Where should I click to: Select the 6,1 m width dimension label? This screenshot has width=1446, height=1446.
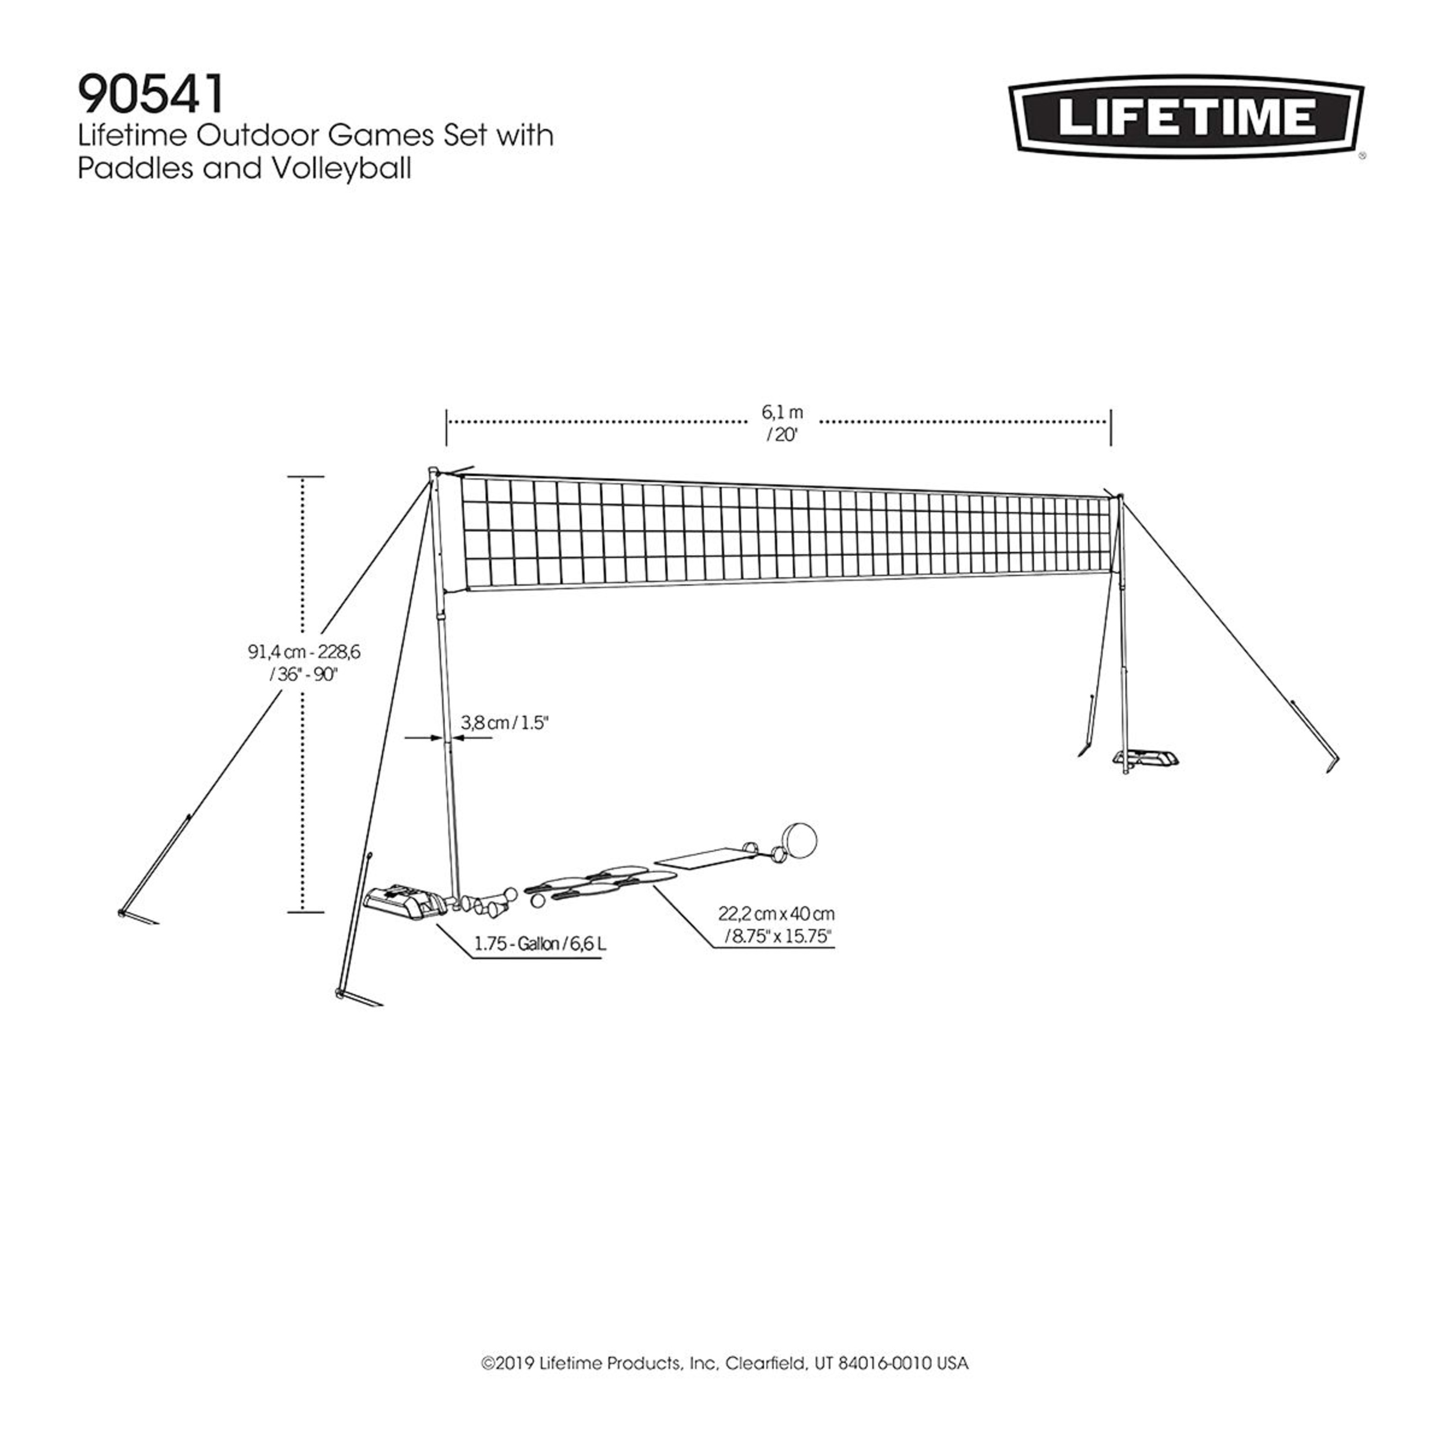click(x=782, y=412)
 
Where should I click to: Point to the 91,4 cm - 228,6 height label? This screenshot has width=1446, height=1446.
click(x=304, y=652)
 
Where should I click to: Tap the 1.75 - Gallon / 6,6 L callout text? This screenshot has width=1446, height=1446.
click(x=540, y=945)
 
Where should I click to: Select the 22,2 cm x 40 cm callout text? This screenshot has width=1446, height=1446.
click(x=776, y=914)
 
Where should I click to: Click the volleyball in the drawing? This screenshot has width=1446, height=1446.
click(x=799, y=840)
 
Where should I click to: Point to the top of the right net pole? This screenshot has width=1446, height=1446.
click(x=1120, y=496)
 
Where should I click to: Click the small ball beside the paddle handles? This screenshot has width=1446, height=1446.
click(x=537, y=902)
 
